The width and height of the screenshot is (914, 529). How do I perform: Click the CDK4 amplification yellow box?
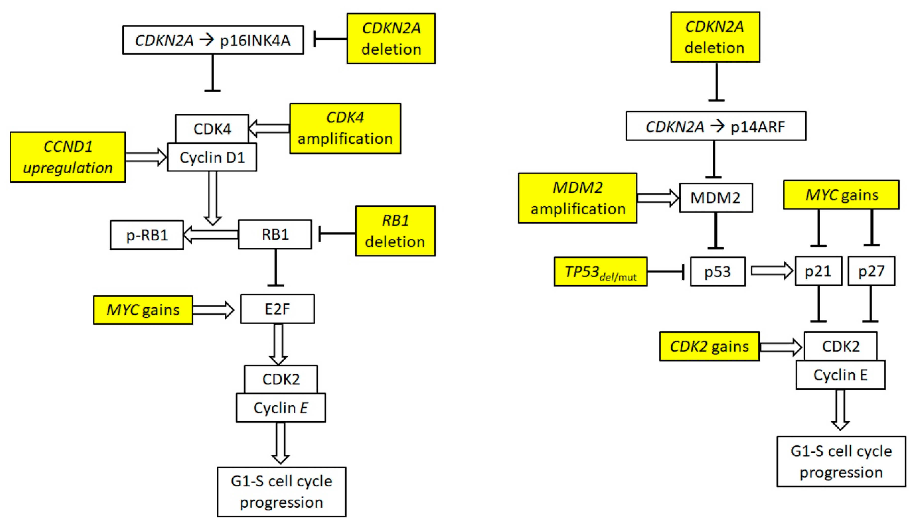coord(345,128)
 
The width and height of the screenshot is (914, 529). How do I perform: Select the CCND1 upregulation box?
coord(67,157)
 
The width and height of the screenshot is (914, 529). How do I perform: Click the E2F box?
coord(278,309)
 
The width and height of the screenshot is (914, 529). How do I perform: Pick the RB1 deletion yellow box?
coord(395,231)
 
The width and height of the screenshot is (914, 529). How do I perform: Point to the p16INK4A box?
coord(213,40)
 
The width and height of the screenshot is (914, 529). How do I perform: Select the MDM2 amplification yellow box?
coord(577,198)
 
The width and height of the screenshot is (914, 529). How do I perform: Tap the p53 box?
coord(717,272)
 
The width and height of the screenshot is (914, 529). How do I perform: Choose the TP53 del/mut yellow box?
coord(600,272)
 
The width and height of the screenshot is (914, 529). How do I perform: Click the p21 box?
coord(818,271)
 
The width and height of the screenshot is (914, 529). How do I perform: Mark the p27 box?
coord(871,271)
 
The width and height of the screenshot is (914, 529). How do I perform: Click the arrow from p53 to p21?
coord(771,271)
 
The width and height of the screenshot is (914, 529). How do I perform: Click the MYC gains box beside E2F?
coord(143,310)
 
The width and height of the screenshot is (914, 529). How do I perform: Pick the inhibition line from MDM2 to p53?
coord(715,231)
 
